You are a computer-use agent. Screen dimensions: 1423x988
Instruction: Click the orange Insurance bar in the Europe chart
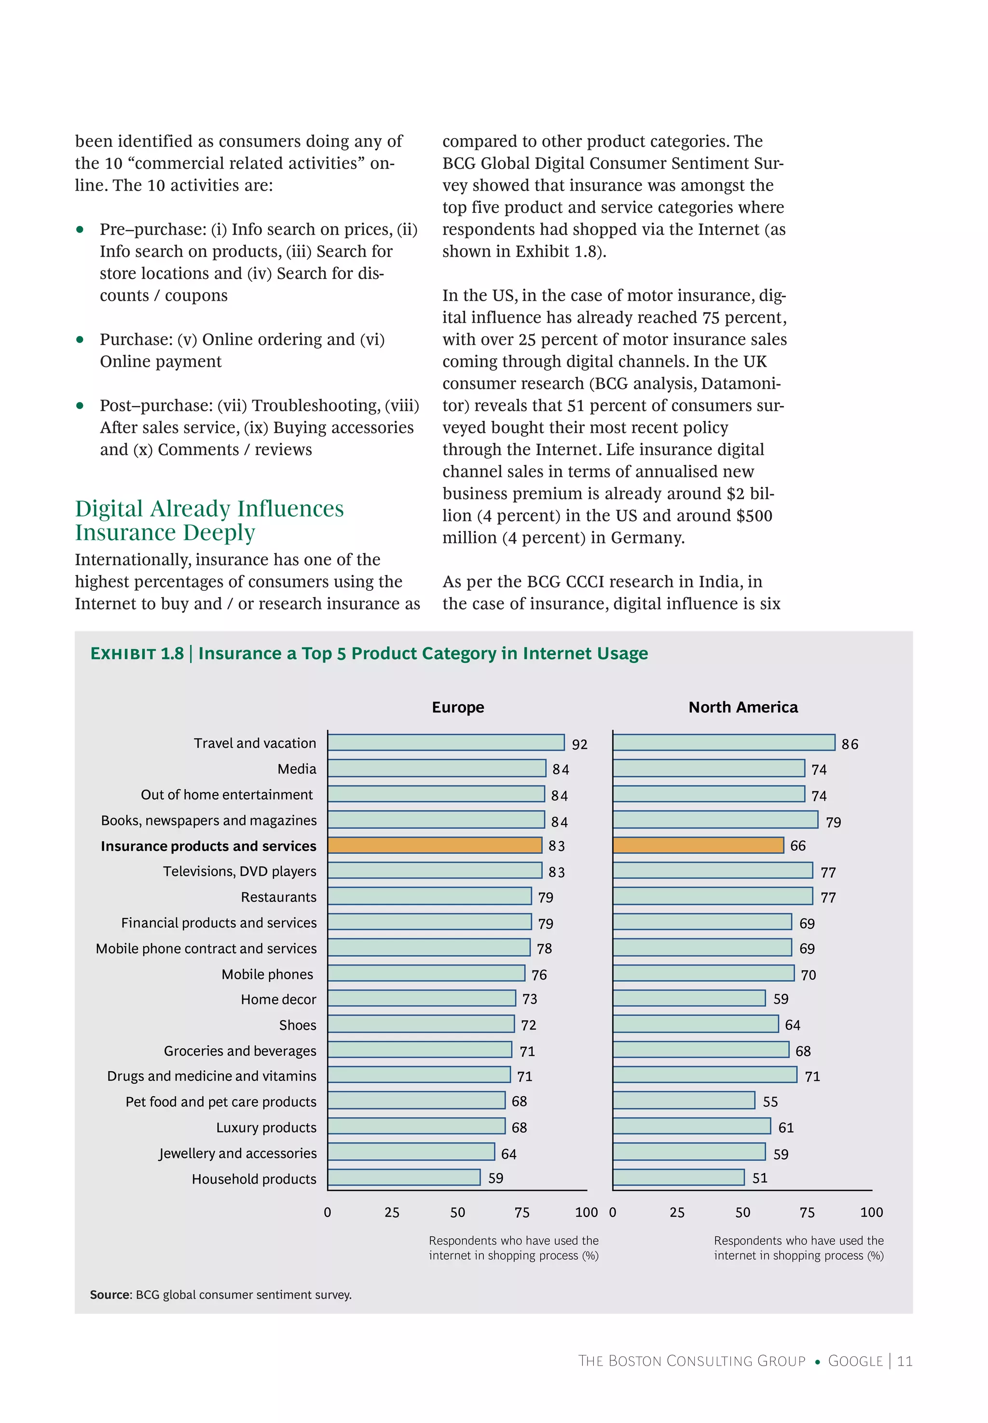435,845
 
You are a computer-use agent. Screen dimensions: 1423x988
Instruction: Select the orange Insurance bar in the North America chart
698,845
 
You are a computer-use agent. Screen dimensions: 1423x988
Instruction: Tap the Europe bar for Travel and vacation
446,742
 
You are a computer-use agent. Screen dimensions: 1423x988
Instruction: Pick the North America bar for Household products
678,1177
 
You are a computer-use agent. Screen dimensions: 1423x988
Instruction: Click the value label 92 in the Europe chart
579,744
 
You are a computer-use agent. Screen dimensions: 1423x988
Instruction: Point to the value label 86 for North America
850,744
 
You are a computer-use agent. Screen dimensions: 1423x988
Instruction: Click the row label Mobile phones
267,975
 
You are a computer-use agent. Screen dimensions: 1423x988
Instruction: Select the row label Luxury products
266,1128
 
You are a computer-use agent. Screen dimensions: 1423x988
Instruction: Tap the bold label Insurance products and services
208,846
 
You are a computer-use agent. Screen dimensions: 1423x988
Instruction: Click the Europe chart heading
458,707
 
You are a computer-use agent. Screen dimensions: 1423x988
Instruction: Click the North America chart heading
743,707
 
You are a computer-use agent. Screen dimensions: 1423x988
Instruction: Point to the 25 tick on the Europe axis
392,1213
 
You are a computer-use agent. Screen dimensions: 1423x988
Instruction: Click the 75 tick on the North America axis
807,1213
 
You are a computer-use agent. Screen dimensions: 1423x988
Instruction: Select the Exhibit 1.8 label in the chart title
137,654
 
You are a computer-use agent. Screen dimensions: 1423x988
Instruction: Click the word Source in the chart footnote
110,1295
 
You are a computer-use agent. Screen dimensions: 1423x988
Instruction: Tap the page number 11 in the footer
905,1361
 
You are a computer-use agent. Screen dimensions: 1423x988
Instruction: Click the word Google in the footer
855,1361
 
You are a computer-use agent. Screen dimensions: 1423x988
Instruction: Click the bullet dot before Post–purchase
80,405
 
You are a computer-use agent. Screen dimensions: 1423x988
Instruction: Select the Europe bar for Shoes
421,1024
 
